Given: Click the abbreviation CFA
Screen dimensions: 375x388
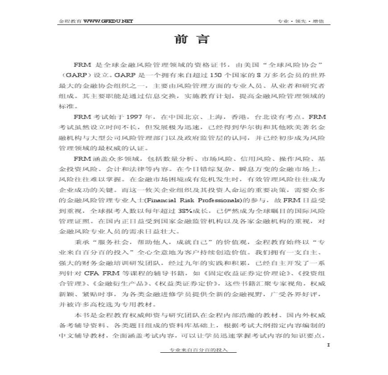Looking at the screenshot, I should [x=92, y=273].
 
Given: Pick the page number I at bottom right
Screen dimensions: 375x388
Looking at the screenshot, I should [x=328, y=344].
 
